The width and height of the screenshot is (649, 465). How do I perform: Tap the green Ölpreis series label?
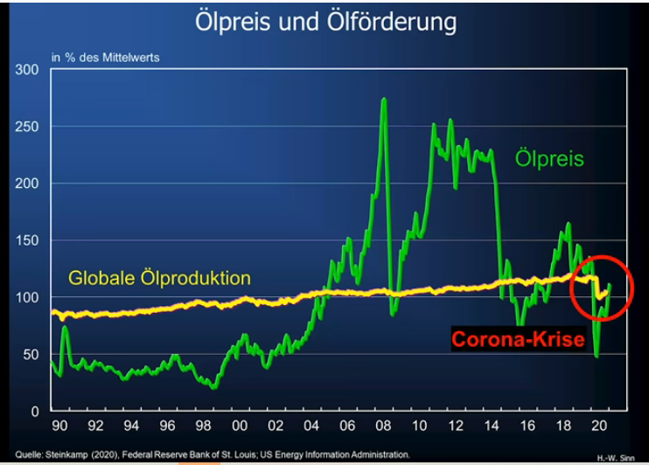click(548, 158)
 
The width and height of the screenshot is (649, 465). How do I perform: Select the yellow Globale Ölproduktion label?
click(160, 279)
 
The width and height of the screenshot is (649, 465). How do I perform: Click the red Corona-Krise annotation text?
click(517, 340)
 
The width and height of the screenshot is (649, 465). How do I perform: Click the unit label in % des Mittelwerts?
click(100, 58)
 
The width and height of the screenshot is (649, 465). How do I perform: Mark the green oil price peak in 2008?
click(384, 100)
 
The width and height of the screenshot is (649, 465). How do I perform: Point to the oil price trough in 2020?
click(597, 355)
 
